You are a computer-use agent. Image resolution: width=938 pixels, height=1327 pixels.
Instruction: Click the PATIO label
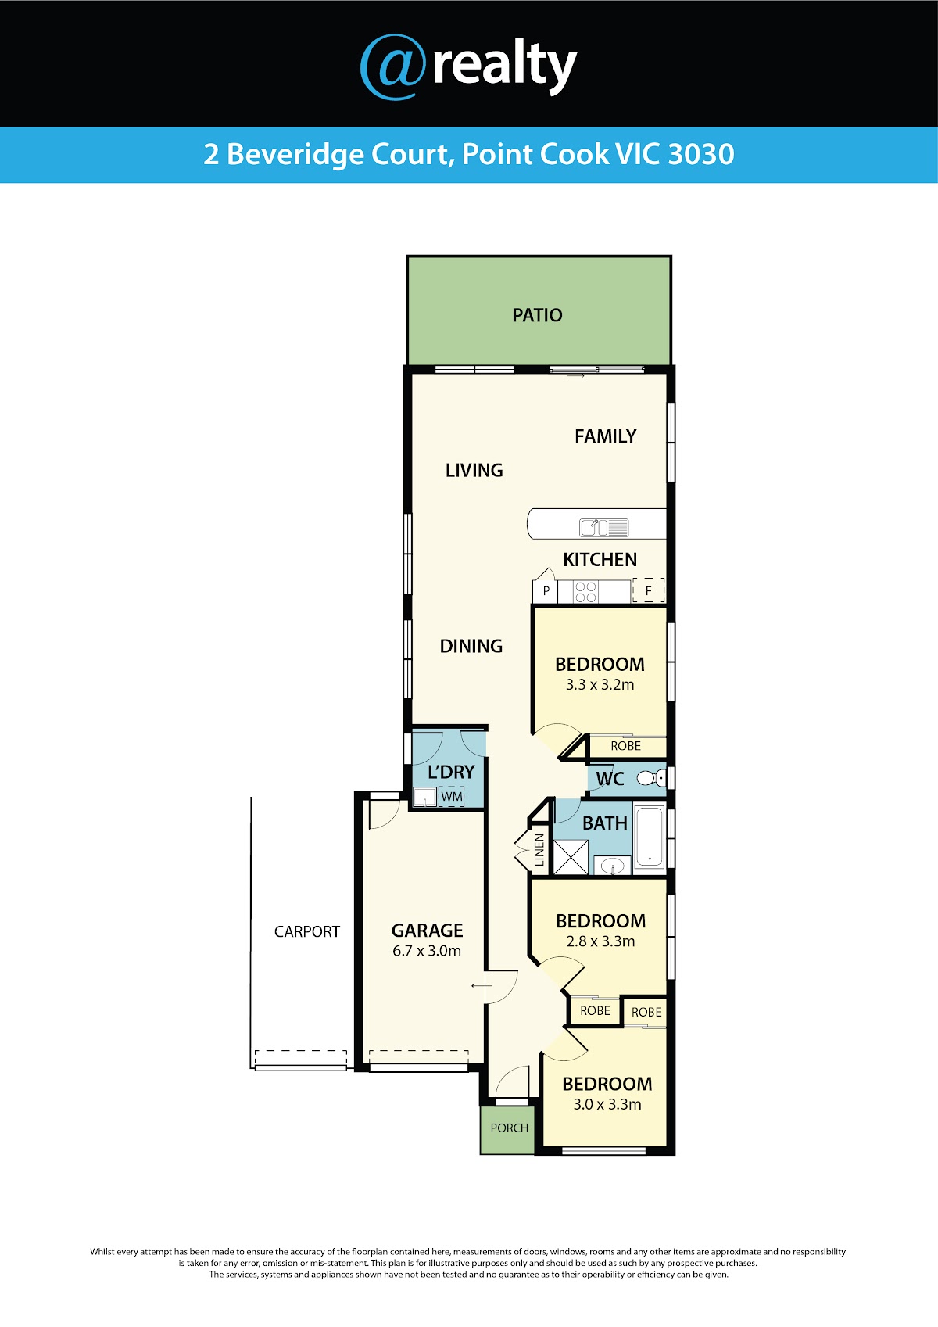537,315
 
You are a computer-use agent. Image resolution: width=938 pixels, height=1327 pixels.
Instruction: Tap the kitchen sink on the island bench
603,527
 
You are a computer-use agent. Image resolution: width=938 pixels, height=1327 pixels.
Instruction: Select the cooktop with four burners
585,591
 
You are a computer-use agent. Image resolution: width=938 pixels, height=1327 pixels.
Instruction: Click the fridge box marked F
648,590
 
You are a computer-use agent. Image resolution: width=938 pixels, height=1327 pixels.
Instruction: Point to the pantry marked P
546,590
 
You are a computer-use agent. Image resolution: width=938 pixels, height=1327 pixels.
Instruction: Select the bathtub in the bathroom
650,837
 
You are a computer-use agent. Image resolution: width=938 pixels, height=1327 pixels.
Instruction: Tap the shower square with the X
571,857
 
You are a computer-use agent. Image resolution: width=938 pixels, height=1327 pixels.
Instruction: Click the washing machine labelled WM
451,797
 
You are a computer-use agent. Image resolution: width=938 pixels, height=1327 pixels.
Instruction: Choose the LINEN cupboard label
539,850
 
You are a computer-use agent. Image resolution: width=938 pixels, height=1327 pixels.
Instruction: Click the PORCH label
510,1128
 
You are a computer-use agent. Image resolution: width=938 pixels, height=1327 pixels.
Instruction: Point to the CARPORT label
306,932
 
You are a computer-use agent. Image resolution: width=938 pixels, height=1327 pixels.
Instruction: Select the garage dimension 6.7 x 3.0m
426,951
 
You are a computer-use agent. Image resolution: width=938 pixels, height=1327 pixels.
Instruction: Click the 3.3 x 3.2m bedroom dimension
600,685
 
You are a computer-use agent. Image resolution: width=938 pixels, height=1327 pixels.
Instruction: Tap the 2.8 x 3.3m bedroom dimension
600,941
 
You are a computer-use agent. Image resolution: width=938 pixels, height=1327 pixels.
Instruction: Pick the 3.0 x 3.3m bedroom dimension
607,1104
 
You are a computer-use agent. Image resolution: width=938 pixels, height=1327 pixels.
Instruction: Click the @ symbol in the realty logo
393,67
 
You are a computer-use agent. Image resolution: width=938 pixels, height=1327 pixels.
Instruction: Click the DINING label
471,646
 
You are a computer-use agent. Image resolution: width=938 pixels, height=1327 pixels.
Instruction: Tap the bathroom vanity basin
612,866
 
